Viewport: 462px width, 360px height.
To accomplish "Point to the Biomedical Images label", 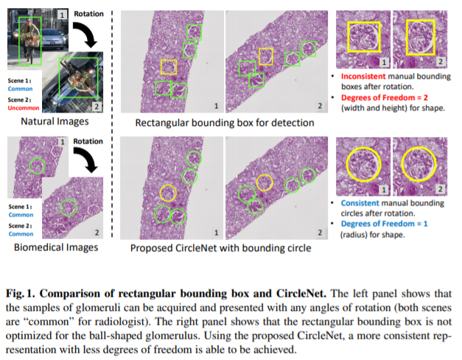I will pyautogui.click(x=56, y=247).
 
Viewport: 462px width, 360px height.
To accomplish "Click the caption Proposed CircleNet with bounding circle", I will pyautogui.click(x=220, y=247).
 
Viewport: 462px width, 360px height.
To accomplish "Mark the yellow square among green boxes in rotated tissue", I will pyautogui.click(x=267, y=56).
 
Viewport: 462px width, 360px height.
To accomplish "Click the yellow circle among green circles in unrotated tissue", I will pyautogui.click(x=168, y=193).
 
